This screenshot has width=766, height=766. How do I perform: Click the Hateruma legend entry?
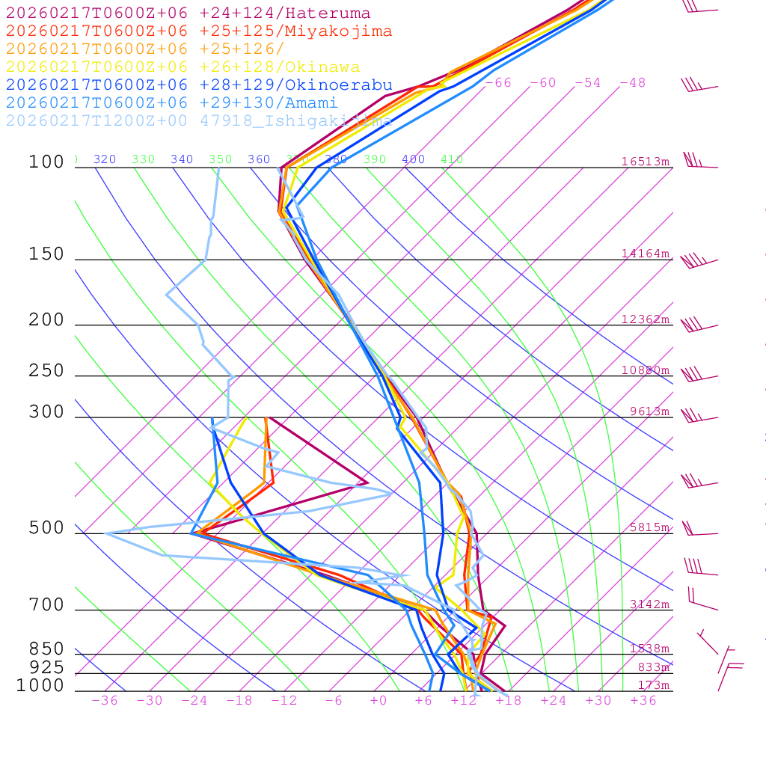188,13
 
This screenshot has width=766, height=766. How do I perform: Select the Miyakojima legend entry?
198,31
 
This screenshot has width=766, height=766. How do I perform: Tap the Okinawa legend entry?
183,67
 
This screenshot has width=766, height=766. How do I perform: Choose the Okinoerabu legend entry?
198,85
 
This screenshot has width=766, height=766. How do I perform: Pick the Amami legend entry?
171,102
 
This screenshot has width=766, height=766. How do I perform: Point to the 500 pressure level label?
46,528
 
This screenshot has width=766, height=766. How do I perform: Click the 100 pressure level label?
46,162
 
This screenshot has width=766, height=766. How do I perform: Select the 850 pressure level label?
46,649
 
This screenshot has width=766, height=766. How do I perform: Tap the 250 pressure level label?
46,370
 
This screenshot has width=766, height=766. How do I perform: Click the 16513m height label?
645,162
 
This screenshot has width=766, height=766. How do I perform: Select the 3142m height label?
649,604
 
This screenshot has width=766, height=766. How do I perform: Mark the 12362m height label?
645,319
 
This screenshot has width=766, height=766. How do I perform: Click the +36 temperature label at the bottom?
643,701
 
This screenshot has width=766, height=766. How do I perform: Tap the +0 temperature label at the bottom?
378,701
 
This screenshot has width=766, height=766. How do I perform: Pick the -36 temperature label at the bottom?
104,701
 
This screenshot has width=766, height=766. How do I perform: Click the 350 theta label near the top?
220,159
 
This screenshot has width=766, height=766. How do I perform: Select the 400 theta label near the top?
413,159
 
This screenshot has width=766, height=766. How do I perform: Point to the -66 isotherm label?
498,83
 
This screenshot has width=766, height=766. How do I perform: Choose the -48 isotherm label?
632,83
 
